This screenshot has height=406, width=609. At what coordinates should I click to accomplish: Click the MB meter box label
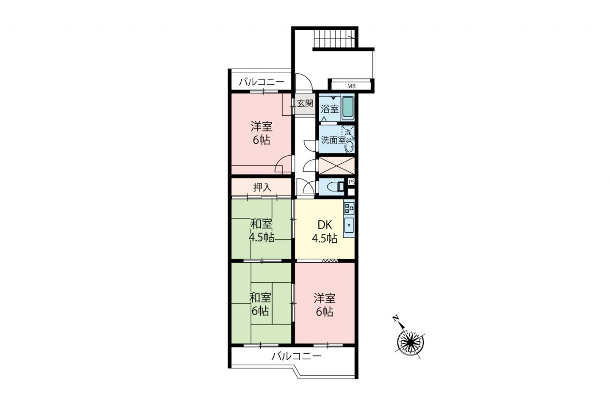351,87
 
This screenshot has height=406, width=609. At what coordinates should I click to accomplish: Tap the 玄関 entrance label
305,103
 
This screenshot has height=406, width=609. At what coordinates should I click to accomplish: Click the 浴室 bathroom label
330,109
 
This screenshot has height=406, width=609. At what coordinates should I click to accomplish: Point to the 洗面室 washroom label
334,140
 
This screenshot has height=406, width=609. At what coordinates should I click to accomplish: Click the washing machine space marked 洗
348,132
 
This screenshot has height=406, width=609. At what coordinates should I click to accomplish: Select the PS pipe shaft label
351,182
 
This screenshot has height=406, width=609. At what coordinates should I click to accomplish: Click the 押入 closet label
262,187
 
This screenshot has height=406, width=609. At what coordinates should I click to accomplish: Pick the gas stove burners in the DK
349,208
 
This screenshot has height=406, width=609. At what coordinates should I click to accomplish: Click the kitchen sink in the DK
349,225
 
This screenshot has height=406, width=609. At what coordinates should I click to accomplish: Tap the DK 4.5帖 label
324,232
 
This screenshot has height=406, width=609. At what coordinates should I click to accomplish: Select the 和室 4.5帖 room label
261,231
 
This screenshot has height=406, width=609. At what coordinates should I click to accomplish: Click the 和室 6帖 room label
260,305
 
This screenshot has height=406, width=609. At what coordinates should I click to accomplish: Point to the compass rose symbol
410,343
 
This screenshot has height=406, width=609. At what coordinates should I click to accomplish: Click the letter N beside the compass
395,318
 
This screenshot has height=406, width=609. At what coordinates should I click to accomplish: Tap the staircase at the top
334,39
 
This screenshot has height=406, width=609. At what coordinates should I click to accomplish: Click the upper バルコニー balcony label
262,82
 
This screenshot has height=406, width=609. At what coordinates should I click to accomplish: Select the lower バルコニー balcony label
296,356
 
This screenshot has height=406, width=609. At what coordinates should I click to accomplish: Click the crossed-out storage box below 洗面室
336,166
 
